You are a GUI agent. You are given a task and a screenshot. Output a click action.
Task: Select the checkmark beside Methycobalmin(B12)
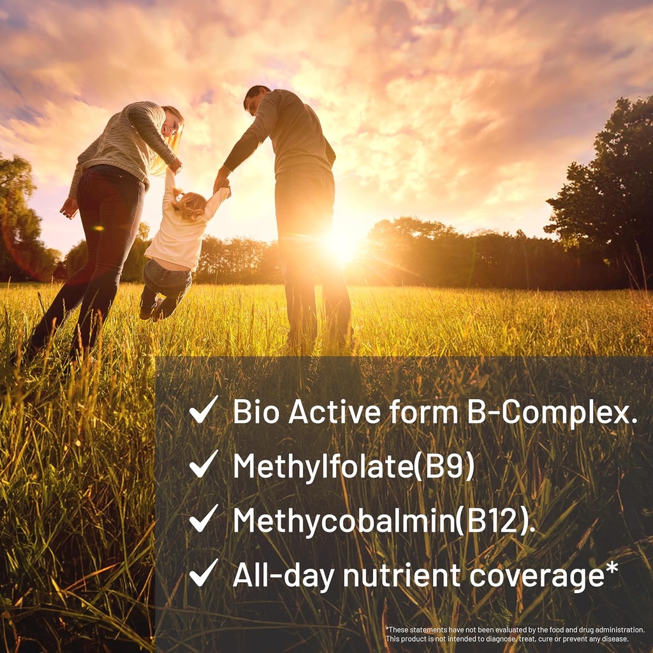203,519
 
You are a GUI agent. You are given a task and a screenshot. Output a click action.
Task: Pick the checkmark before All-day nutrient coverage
203,573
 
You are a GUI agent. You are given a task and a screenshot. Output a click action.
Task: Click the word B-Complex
548,412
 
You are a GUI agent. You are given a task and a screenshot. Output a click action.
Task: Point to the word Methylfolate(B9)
354,466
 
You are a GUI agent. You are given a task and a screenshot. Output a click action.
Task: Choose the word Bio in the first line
256,412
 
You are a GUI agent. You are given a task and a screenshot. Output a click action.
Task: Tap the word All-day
283,576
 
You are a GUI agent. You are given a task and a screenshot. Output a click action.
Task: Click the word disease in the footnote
615,638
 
